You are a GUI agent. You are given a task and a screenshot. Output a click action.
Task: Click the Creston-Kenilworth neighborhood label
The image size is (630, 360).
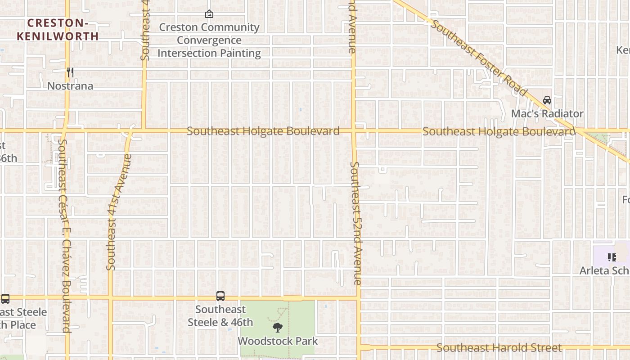click(x=58, y=30)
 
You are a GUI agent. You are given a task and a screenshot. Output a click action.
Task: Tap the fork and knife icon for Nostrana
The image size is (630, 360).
click(x=70, y=72)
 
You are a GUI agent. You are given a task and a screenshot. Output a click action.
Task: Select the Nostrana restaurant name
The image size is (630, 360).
click(x=70, y=85)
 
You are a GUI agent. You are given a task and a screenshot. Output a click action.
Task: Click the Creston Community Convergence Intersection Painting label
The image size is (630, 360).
click(x=209, y=40)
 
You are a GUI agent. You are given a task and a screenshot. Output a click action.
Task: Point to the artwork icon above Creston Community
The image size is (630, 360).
click(x=209, y=14)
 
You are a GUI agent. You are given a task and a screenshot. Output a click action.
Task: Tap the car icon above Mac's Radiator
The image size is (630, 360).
click(x=547, y=100)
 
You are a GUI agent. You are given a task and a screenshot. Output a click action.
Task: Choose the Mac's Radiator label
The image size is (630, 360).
click(x=547, y=113)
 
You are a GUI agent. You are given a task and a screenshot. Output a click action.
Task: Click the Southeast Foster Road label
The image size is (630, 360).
click(x=479, y=58)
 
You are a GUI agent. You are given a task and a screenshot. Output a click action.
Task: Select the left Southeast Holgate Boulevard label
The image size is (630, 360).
click(x=263, y=131)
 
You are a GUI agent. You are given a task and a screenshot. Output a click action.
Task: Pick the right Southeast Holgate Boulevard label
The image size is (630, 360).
click(x=499, y=132)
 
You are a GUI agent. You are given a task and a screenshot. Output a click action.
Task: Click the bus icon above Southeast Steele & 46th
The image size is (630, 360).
click(x=220, y=296)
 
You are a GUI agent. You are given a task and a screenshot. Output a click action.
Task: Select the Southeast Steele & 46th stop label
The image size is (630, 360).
click(x=220, y=316)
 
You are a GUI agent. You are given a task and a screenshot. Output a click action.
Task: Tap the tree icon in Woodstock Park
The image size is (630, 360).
click(x=278, y=328)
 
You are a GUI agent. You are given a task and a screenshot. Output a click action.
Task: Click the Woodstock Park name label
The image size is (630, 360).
click(x=278, y=341)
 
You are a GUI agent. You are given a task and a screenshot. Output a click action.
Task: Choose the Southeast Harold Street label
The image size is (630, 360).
click(x=499, y=348)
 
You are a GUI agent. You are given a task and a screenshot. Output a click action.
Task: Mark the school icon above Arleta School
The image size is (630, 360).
click(x=612, y=257)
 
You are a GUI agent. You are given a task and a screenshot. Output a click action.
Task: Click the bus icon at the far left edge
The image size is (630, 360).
click(x=5, y=299)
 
